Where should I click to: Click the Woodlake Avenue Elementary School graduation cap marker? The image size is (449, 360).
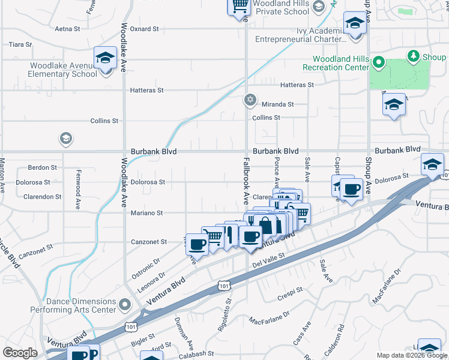coord(105,59)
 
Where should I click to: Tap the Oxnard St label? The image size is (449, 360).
coord(144,28)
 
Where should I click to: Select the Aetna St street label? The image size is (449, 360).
coord(67,28)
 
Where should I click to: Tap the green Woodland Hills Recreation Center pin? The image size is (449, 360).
coord(378,62)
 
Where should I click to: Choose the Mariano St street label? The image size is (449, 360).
coord(147,212)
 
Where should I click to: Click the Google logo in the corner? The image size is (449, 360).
coord(19,353)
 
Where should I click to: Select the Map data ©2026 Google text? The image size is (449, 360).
coord(412,355)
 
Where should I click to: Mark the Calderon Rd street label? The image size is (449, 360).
coord(341,337)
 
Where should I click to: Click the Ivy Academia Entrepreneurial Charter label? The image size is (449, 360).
coord(300,34)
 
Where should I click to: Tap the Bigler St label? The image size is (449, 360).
coord(143,344)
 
